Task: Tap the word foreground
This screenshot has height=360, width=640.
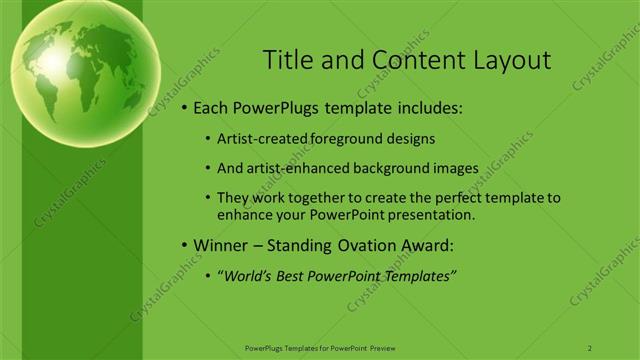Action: pyautogui.click(x=344, y=139)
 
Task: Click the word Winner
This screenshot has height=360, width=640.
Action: pyautogui.click(x=220, y=245)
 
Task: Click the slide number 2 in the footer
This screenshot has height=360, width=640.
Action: pyautogui.click(x=590, y=347)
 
